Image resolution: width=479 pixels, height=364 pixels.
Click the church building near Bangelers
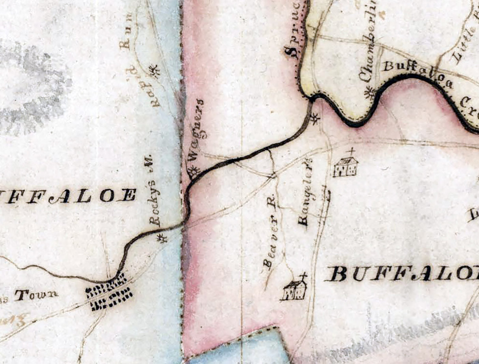click(346, 166)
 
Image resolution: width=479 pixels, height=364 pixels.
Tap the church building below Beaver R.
click(295, 290)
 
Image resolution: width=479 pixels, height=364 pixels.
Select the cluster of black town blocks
click(109, 295)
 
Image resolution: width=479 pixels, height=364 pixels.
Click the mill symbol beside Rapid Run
click(153, 71)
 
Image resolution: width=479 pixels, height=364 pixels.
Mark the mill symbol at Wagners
click(193, 171)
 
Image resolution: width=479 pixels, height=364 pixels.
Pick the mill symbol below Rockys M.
click(161, 238)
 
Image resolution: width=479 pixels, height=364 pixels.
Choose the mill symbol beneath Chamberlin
click(370, 93)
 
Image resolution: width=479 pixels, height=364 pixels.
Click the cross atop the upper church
click(350, 151)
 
